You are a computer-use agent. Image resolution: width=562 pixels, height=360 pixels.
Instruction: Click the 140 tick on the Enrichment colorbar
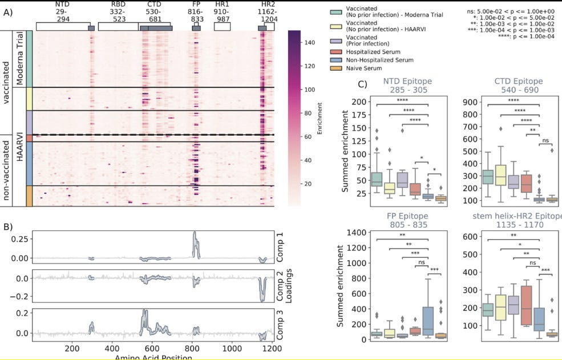coord(312,42)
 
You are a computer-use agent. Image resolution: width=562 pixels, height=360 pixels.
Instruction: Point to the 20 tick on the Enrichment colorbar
coord(312,184)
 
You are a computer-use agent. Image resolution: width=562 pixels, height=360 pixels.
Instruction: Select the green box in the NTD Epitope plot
coord(377,179)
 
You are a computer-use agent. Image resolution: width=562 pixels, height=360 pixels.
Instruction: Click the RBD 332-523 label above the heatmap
coord(119,12)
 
